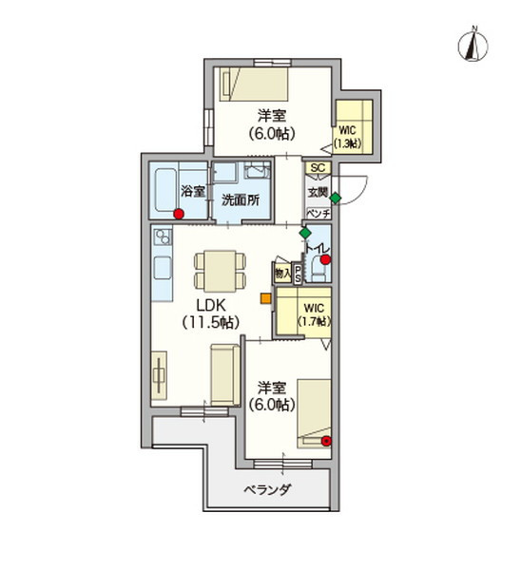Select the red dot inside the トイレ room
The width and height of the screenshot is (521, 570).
coord(325,259)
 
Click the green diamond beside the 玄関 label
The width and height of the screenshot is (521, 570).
coord(336,197)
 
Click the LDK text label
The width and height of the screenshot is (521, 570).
coord(210,306)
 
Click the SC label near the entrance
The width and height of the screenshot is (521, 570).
coord(318,168)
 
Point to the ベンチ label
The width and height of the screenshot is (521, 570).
coord(318,213)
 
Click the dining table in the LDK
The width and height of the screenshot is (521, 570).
coord(218,271)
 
